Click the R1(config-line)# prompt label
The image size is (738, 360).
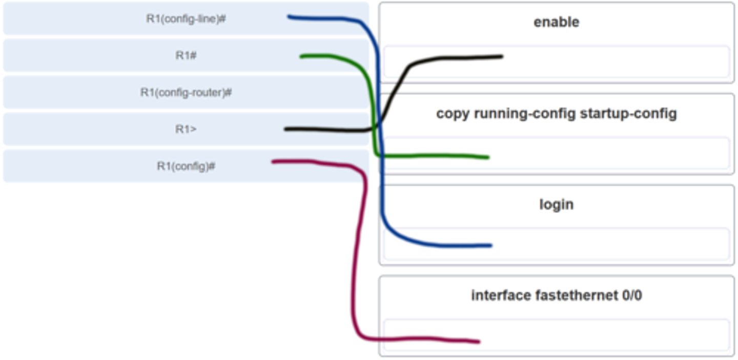tap(186, 19)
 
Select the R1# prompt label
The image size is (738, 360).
tap(186, 55)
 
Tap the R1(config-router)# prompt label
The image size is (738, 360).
tap(186, 93)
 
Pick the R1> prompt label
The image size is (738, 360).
tap(186, 129)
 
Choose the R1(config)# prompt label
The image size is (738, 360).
tap(186, 166)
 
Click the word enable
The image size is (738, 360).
tap(556, 22)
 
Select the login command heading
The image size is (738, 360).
tap(556, 204)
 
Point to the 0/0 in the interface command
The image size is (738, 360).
tap(631, 295)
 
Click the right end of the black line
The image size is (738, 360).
tap(502, 56)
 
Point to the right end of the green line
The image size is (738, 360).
tap(487, 157)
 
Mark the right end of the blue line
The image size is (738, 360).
tap(490, 245)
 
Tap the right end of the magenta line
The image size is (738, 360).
tap(478, 342)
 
